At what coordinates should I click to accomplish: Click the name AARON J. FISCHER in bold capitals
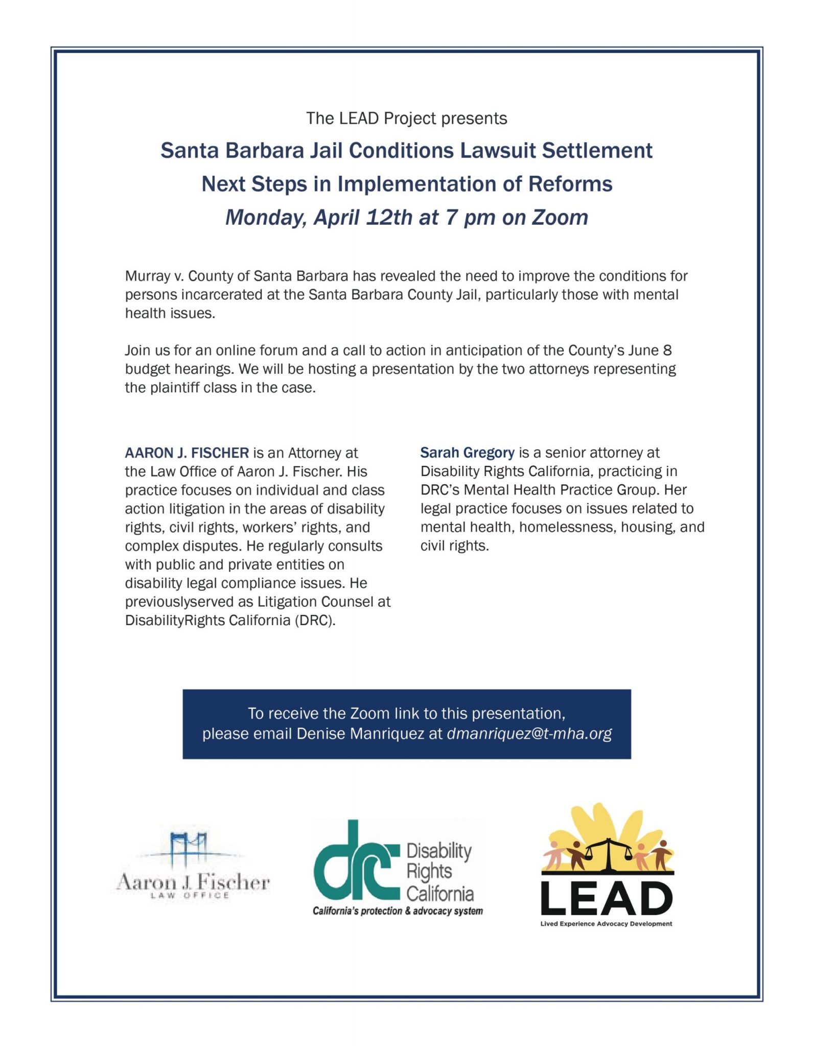[x=187, y=453]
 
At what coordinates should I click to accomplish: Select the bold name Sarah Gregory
[x=467, y=453]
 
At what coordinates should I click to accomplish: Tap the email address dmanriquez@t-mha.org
[x=529, y=734]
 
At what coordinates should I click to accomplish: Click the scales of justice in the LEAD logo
[x=608, y=853]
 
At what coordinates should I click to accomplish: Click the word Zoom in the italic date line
[x=560, y=218]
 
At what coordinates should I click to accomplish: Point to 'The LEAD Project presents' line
[x=407, y=118]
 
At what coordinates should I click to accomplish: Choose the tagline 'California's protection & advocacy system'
[x=398, y=911]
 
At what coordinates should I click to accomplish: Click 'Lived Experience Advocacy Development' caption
[x=606, y=923]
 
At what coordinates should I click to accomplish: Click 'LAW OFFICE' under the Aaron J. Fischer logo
[x=190, y=895]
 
